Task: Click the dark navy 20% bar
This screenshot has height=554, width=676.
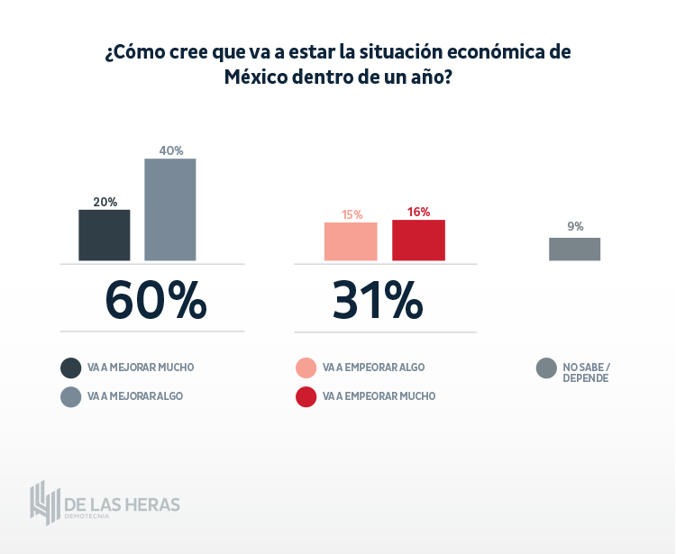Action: [105, 235]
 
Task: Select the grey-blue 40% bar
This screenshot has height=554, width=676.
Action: [170, 210]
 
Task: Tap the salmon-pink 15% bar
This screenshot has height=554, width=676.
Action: [351, 241]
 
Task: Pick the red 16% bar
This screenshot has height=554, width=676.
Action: [418, 241]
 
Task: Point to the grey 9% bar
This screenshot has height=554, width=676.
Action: [574, 250]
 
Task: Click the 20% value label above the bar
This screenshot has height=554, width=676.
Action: [105, 202]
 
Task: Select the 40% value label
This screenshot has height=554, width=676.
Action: [171, 150]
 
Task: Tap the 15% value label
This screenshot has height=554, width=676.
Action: [352, 214]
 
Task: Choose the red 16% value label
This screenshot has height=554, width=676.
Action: [418, 213]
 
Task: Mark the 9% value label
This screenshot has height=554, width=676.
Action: [575, 227]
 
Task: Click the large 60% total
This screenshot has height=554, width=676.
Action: [155, 300]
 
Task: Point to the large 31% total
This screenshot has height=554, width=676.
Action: [377, 300]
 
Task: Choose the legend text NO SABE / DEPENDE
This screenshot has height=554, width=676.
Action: [586, 372]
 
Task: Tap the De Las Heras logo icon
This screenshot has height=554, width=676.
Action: [43, 502]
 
